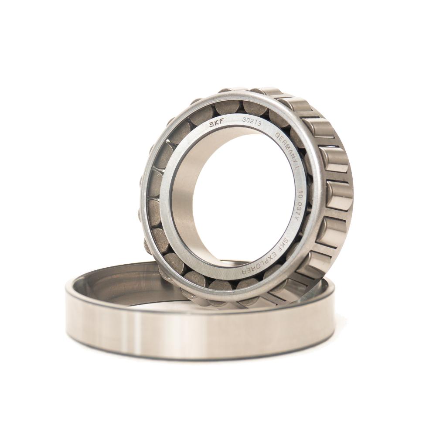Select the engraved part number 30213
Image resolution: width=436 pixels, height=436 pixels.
coord(252,122)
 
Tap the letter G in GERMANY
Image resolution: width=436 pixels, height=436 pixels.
coord(277,136)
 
